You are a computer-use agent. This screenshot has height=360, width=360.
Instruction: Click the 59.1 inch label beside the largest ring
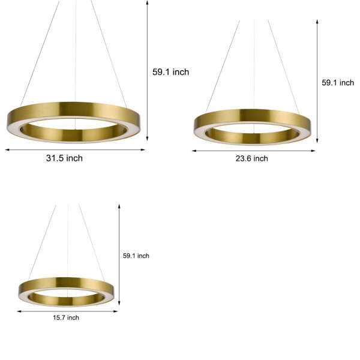click(x=170, y=72)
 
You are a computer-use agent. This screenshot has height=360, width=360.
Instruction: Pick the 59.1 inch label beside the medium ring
click(x=338, y=83)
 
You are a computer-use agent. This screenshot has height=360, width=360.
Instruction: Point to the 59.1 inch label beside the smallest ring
click(x=136, y=256)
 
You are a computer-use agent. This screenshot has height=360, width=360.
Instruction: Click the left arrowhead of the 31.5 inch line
click(x=8, y=149)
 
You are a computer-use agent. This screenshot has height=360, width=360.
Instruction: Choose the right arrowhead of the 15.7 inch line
click(x=115, y=311)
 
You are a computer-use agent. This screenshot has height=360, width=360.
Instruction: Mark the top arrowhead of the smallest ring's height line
click(x=119, y=206)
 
